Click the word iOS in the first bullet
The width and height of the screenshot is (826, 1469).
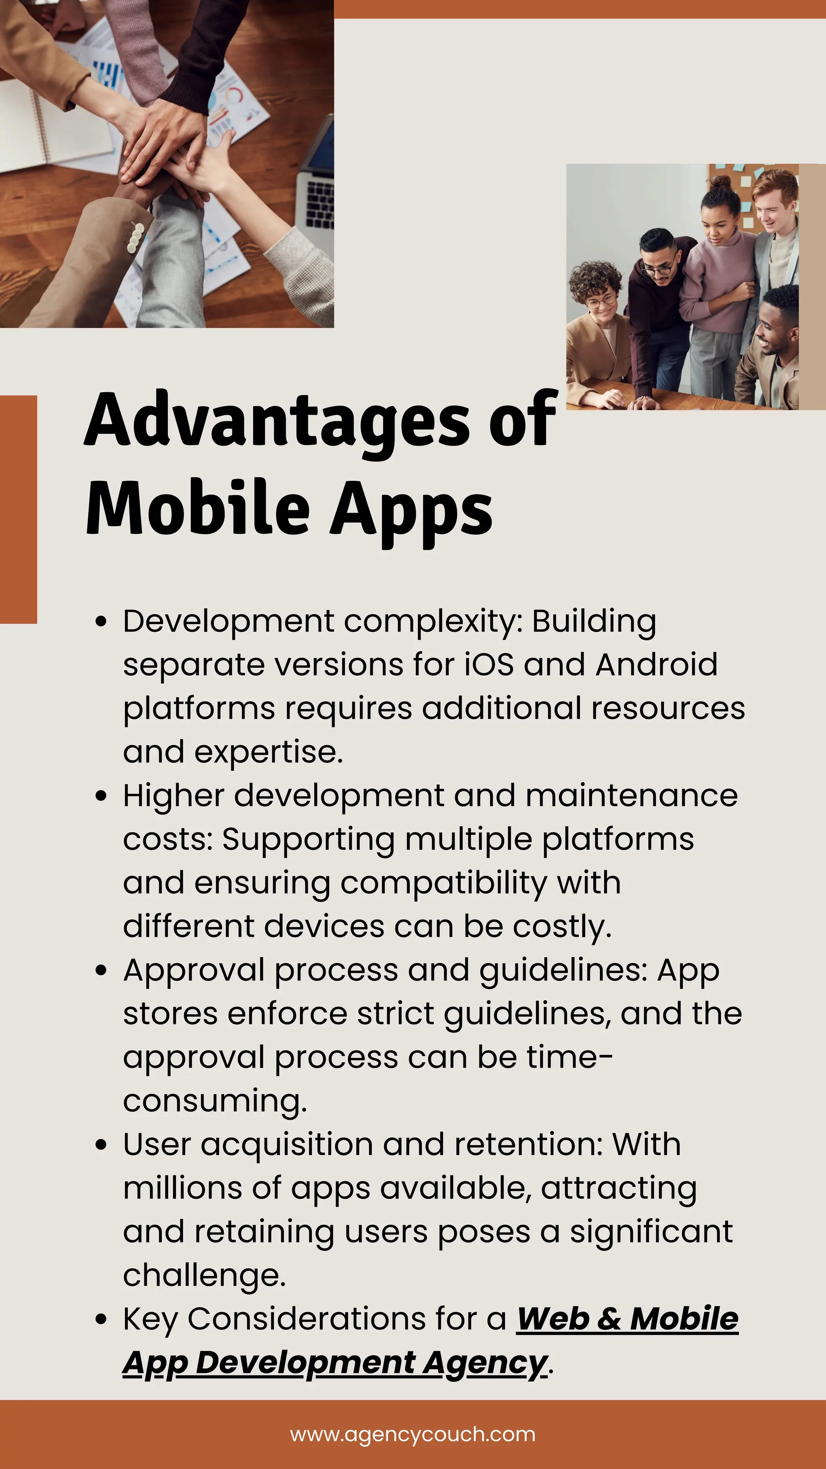pyautogui.click(x=489, y=665)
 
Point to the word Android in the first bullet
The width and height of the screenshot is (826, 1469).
pyautogui.click(x=656, y=665)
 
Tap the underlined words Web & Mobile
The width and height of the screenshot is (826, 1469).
pyautogui.click(x=627, y=1319)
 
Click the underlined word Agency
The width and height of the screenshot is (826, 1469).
pyautogui.click(x=484, y=1363)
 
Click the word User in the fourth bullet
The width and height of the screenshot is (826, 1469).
pyautogui.click(x=157, y=1145)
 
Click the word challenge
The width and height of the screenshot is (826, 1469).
pyautogui.click(x=204, y=1276)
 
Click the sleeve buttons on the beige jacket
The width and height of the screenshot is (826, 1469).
pyautogui.click(x=135, y=237)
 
